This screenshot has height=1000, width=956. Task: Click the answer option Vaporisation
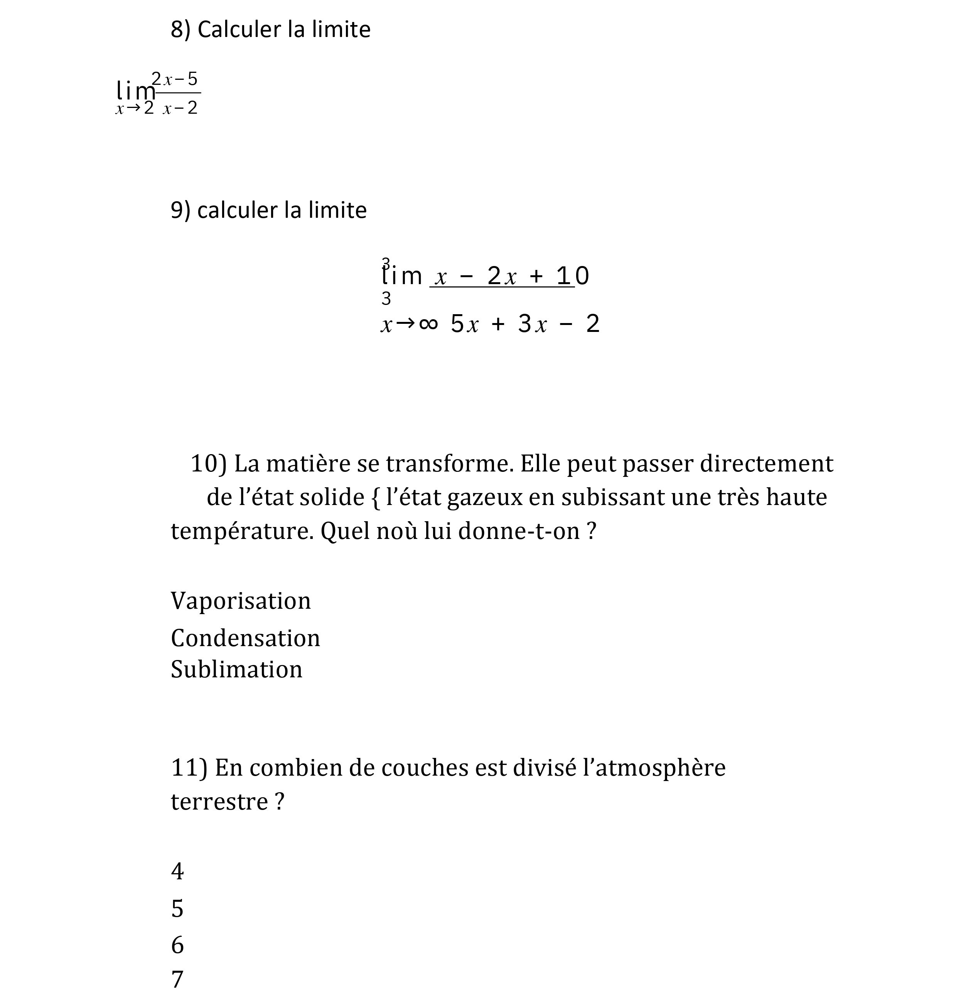click(x=241, y=601)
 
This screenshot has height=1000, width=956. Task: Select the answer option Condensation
click(x=245, y=638)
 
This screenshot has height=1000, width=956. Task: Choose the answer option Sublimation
click(x=236, y=669)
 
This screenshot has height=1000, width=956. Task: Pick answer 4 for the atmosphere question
click(x=177, y=872)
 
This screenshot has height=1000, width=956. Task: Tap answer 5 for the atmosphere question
click(x=177, y=909)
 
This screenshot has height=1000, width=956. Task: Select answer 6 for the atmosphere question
click(x=177, y=946)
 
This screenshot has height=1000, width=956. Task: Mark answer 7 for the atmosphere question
click(x=177, y=980)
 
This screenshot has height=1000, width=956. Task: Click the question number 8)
click(x=180, y=30)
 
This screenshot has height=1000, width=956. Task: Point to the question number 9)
click(x=180, y=210)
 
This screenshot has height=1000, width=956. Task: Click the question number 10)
click(x=208, y=464)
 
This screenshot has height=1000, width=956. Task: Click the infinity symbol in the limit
click(x=428, y=324)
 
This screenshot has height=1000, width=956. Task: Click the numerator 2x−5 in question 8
click(x=175, y=79)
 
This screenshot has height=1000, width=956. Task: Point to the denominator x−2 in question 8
click(x=180, y=108)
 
